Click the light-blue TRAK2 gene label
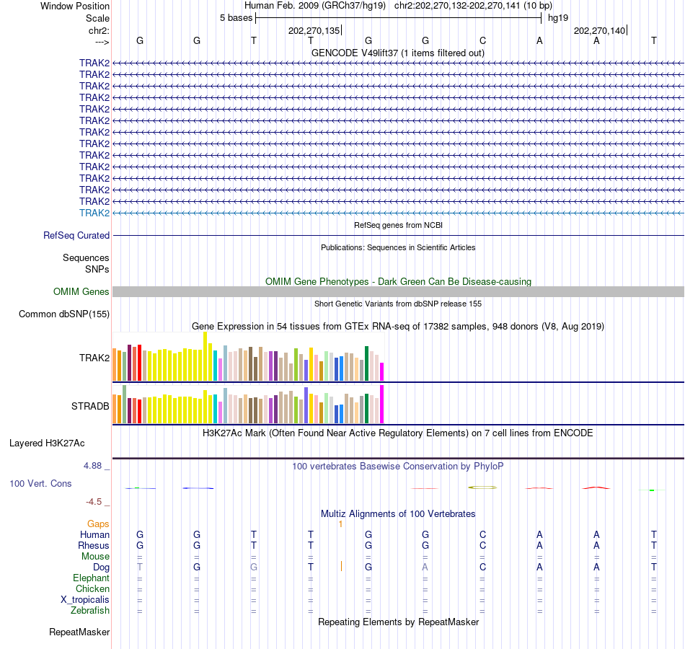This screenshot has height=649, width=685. coord(94,213)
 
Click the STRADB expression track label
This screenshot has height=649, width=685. coord(90,406)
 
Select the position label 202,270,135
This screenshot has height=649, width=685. coord(314,30)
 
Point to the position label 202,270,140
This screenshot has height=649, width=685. coord(599,30)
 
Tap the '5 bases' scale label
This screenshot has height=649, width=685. coord(236,17)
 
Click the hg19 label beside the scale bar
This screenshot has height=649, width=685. coord(558,17)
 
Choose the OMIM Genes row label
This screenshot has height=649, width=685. coord(81,291)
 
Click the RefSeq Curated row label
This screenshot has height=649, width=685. coord(76,235)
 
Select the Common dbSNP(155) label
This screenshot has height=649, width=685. coord(64,314)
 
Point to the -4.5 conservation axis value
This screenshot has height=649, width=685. coord(94,502)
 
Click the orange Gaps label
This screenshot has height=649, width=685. coord(98,524)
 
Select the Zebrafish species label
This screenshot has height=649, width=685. coord(90,611)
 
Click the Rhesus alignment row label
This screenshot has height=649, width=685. coord(94,545)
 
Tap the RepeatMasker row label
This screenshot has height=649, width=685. coord(79,632)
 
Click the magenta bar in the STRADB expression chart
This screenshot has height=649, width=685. coord(381,405)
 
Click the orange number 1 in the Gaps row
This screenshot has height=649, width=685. coord(340,524)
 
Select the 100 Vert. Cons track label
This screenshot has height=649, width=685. coord(40,483)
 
